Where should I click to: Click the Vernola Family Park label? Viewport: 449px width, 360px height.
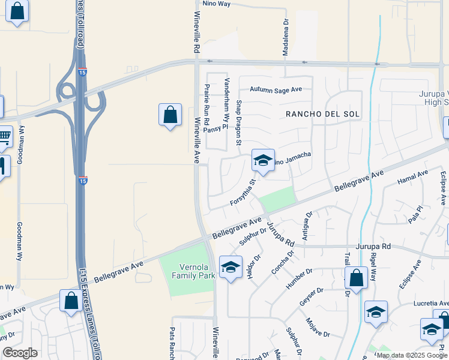pyautogui.click(x=193, y=272)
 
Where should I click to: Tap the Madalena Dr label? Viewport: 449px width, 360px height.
pyautogui.click(x=286, y=37)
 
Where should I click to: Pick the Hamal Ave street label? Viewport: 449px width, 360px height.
pyautogui.click(x=413, y=177)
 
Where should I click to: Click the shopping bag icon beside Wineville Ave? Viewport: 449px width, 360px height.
pyautogui.click(x=170, y=114)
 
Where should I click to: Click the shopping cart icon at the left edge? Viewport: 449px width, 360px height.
pyautogui.click(x=4, y=136)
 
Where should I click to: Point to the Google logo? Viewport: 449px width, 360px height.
pyautogui.click(x=20, y=353)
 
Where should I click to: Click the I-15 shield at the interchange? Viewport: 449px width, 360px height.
pyautogui.click(x=82, y=73)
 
